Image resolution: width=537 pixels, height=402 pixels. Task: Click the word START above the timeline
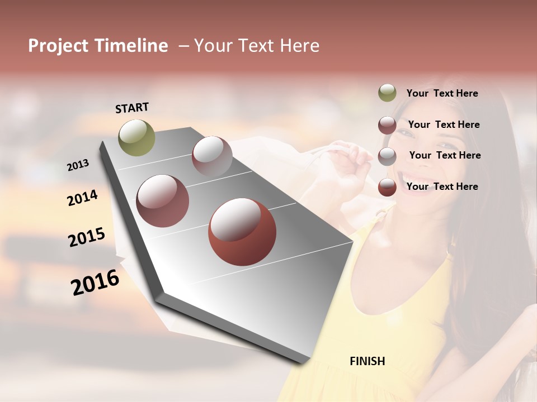pos(132,108)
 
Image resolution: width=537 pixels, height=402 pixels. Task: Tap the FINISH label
pos(368,361)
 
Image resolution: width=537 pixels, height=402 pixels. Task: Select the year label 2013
pos(78,165)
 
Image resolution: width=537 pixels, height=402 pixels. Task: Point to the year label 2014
pos(83,198)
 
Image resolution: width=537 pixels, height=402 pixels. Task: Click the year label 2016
pos(96,283)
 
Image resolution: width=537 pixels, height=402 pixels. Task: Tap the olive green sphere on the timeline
pos(136,137)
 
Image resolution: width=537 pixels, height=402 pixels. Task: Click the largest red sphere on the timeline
pos(242,232)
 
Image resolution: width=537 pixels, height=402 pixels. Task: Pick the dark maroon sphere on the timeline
pos(163,201)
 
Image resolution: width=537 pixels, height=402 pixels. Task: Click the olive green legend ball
pos(387,93)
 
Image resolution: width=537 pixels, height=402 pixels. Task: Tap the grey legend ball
pos(387,156)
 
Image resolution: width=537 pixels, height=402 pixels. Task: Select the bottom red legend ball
pos(387,187)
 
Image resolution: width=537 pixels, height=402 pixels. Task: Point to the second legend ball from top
pos(387,125)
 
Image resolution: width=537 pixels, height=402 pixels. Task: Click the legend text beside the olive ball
pos(442,93)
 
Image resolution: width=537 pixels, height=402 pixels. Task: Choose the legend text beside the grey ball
pos(445,155)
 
